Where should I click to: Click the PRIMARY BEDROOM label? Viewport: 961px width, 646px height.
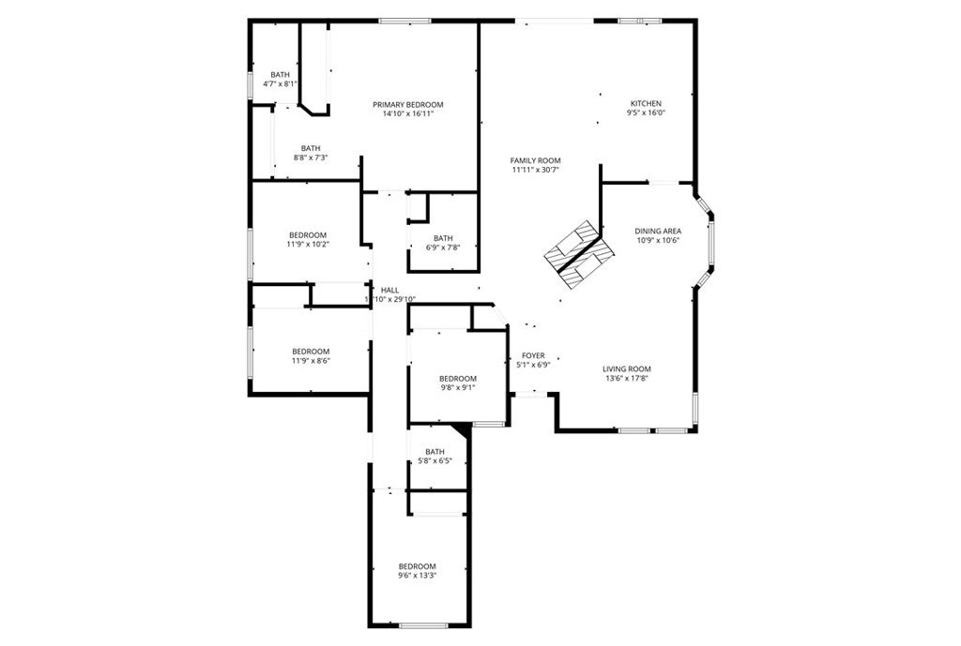coord(407,104)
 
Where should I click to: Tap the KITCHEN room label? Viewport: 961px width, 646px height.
coord(646,103)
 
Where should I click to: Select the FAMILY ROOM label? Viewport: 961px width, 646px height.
coord(535,160)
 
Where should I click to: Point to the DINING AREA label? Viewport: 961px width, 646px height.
coord(657,230)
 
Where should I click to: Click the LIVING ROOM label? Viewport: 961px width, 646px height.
coord(626,368)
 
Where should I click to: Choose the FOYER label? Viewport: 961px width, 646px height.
coord(533,355)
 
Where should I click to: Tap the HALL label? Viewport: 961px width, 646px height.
coord(389,290)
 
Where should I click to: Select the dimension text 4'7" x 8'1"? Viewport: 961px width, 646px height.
coord(281,84)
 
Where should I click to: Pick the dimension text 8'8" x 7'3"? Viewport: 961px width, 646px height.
coord(311,158)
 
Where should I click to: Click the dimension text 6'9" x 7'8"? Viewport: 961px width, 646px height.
coord(443,248)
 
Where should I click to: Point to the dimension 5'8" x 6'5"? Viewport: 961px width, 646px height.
coord(435,461)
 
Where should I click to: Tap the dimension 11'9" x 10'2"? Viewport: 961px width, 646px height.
coord(307,244)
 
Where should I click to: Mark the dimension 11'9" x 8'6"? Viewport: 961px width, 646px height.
coord(311,360)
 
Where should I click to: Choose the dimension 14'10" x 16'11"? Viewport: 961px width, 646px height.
coord(407,113)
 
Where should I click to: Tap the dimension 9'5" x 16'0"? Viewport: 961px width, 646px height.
coord(646,113)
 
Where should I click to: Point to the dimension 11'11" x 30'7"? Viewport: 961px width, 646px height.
coord(535,170)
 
